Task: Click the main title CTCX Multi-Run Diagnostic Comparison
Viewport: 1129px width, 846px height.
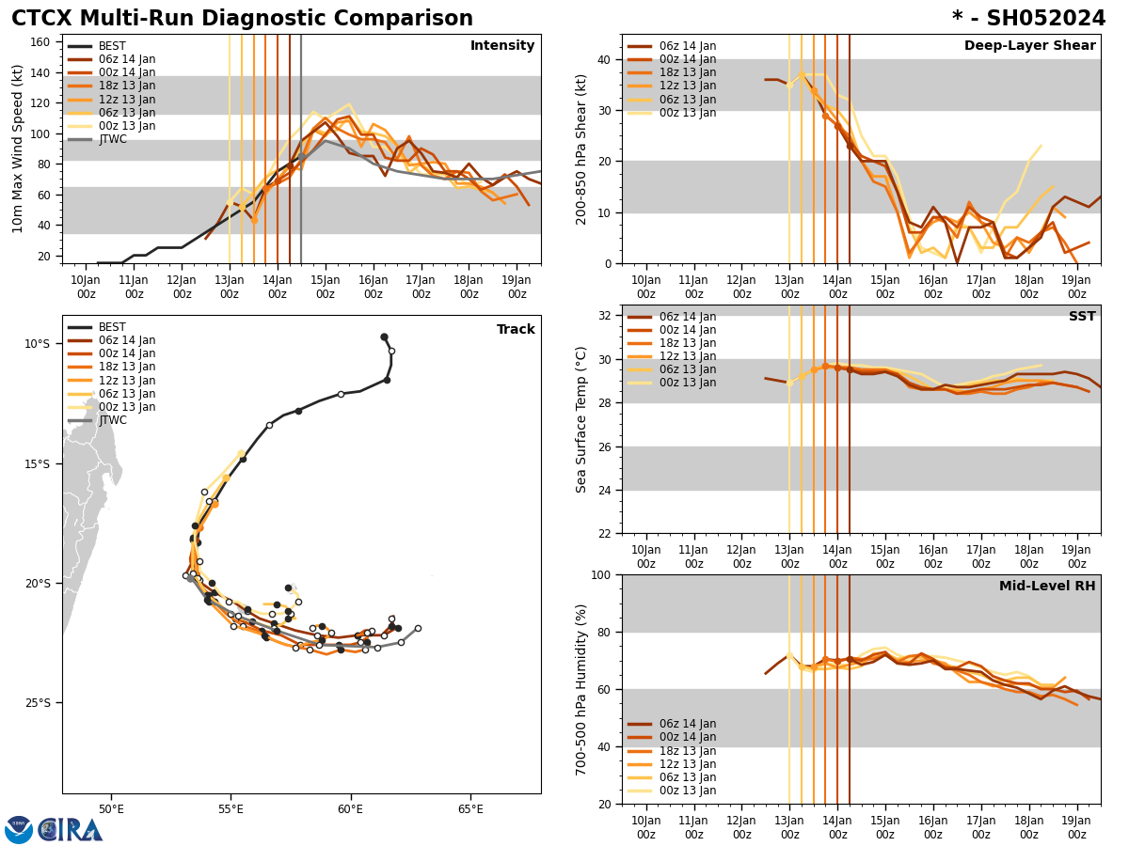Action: (x=242, y=19)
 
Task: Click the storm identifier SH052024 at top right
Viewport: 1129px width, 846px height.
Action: (x=1028, y=19)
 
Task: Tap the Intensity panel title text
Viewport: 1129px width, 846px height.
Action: (x=502, y=46)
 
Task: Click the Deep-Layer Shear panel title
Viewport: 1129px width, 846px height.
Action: (x=1029, y=46)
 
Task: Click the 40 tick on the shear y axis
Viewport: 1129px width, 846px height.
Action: (x=603, y=60)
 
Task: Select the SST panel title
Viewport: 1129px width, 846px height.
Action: (x=1082, y=317)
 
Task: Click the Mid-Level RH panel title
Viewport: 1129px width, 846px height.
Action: (x=1047, y=587)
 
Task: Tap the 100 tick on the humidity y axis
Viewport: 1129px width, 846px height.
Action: (x=599, y=574)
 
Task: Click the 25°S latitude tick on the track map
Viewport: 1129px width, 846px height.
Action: (x=38, y=703)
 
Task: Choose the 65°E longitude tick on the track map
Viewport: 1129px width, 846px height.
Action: (x=470, y=809)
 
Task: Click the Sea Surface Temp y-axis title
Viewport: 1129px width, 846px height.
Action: (x=581, y=419)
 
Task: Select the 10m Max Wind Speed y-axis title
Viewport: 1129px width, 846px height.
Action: (x=18, y=149)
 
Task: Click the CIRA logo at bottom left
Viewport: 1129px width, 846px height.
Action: (x=71, y=830)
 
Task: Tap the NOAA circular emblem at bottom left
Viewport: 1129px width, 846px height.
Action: (x=19, y=830)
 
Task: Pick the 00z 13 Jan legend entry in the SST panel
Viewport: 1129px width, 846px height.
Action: (x=687, y=383)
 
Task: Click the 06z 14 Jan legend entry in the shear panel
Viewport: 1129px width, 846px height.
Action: (x=687, y=46)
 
